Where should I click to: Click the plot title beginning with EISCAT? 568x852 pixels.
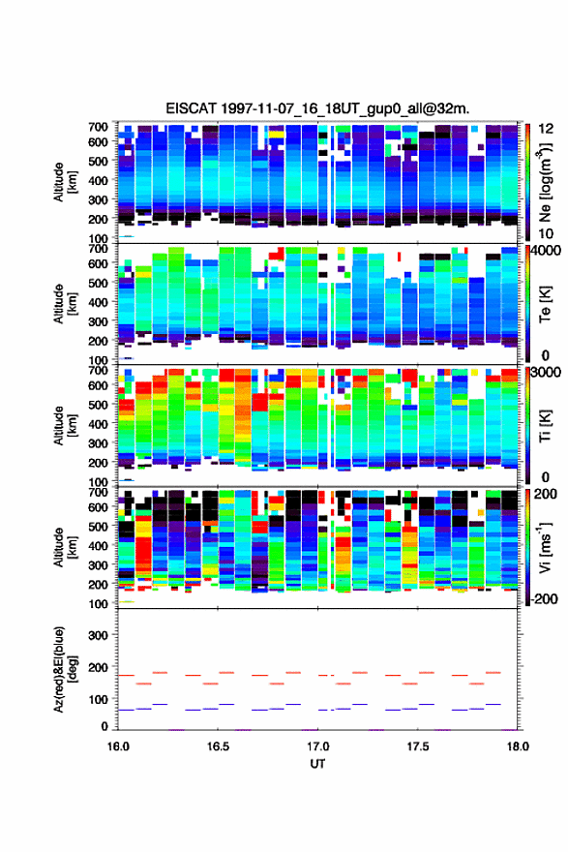tap(317, 108)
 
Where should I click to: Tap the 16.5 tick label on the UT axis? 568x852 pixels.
tap(218, 746)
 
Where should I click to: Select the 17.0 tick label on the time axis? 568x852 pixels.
tap(317, 746)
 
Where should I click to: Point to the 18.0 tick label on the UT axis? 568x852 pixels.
tap(518, 746)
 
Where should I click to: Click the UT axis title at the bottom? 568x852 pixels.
tap(317, 764)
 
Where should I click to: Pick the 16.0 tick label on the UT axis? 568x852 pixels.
tap(118, 746)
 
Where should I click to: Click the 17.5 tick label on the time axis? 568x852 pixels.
tap(418, 746)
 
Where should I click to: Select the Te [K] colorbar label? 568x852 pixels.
tap(545, 303)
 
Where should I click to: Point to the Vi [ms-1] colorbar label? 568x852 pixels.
tap(545, 547)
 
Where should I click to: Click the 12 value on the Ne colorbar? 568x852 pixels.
tap(546, 129)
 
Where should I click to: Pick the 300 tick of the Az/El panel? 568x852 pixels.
tap(98, 635)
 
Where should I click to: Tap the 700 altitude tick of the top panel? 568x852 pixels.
tap(98, 127)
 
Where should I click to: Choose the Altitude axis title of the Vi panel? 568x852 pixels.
tap(65, 547)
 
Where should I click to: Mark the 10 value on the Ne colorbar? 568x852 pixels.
tap(546, 233)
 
